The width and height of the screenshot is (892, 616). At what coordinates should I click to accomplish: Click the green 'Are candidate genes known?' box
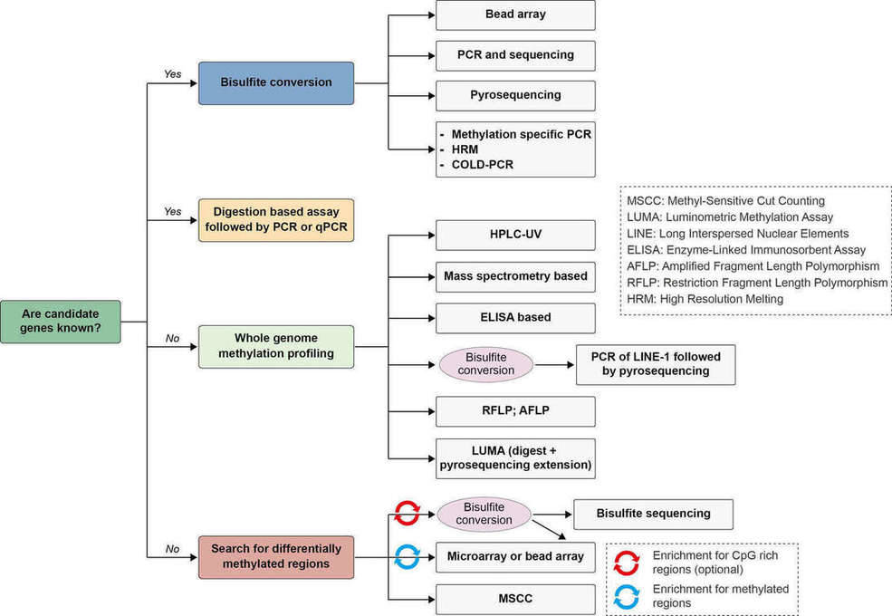(61, 321)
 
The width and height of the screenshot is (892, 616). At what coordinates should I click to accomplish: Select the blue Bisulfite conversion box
(275, 82)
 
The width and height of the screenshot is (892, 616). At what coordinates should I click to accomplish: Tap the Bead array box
(515, 14)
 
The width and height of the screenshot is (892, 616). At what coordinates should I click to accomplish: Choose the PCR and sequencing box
(515, 54)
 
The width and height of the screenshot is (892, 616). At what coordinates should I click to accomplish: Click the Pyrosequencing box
(515, 95)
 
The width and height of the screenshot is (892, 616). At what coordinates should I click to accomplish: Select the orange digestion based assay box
(275, 220)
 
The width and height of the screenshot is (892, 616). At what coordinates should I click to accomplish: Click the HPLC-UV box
(515, 235)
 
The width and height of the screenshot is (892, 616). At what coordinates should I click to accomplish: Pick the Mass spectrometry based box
(515, 275)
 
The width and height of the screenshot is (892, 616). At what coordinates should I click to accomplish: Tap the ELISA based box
(515, 317)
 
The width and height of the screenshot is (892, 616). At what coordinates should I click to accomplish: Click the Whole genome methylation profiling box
(275, 345)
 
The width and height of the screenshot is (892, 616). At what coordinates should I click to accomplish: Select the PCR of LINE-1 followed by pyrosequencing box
(655, 364)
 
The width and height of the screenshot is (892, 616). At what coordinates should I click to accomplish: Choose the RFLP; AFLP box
(515, 410)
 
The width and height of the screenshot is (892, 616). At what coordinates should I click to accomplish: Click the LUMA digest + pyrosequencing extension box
(515, 458)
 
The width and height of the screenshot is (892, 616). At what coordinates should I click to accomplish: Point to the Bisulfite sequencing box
(653, 514)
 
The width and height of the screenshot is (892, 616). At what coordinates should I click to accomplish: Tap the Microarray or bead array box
(515, 555)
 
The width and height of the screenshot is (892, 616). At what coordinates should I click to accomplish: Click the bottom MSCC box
(515, 599)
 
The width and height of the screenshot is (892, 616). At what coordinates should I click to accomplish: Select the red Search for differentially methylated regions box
(275, 557)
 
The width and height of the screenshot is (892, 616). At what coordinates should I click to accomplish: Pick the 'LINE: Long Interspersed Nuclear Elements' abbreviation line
(737, 233)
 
